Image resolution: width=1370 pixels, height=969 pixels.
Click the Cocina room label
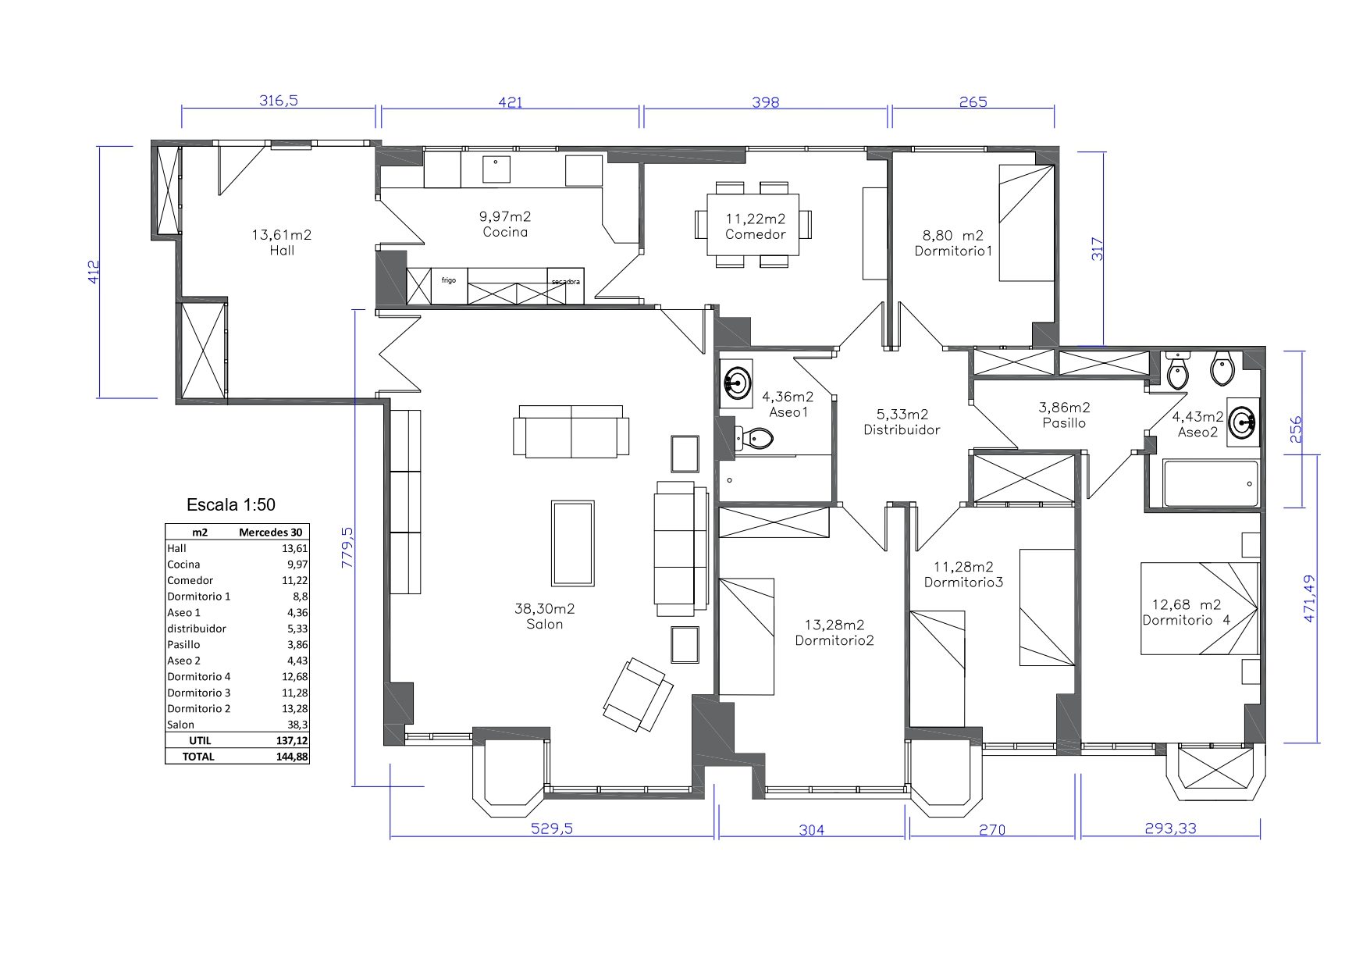pos(505,232)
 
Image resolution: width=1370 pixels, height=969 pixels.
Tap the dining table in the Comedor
pos(753,224)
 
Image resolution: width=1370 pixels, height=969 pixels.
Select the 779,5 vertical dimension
pos(347,547)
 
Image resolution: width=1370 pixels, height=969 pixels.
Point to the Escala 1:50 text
pos(231,505)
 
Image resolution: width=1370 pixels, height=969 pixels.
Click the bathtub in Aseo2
pos(1211,484)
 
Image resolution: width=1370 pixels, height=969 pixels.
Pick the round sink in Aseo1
pos(737,383)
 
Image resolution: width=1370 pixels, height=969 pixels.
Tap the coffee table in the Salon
pos(572,543)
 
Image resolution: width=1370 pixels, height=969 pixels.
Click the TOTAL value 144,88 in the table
pos(292,757)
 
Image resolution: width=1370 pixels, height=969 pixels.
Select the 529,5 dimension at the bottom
pos(552,828)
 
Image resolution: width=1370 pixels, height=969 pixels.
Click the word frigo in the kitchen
pos(449,280)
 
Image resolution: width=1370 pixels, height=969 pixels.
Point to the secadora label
pos(565,282)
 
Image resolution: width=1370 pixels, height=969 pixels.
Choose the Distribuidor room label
pos(902,429)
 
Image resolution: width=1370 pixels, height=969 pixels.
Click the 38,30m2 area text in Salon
pos(544,608)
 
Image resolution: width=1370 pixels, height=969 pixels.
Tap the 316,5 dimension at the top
pos(279,100)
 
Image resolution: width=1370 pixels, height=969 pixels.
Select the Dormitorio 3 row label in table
pos(199,693)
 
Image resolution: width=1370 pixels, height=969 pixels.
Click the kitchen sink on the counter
pos(496,170)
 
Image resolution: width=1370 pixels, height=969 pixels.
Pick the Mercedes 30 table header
pos(270,533)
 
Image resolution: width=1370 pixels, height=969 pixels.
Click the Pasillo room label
pos(1064,422)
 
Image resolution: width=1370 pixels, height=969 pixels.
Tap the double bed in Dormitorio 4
pos(1200,608)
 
